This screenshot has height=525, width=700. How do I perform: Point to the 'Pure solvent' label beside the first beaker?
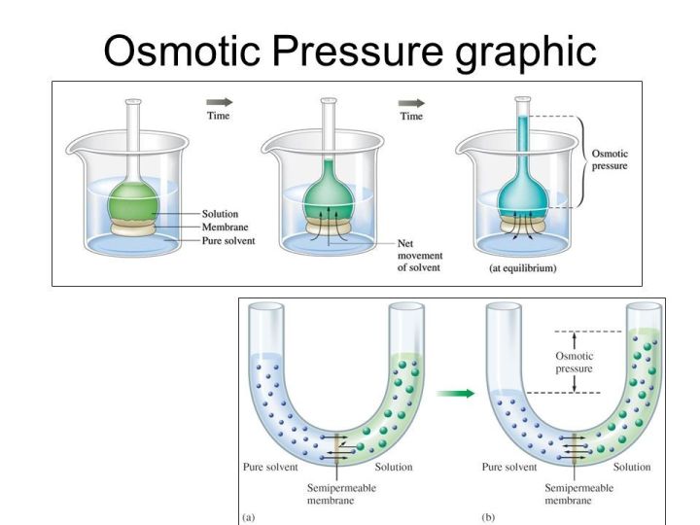(228, 240)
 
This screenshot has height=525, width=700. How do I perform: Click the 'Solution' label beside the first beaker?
(221, 214)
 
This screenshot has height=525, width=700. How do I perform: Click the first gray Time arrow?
(220, 102)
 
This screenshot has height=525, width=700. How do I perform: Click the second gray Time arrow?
(412, 102)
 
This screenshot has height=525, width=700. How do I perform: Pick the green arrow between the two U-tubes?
(453, 394)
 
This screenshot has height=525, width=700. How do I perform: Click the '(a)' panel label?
(250, 516)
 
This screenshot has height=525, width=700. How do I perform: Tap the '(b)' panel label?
(488, 516)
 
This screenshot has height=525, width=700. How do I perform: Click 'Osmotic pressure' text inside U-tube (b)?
(574, 363)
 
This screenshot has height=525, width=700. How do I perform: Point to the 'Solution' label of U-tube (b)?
(632, 468)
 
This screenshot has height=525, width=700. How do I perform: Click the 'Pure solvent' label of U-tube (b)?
(509, 468)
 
